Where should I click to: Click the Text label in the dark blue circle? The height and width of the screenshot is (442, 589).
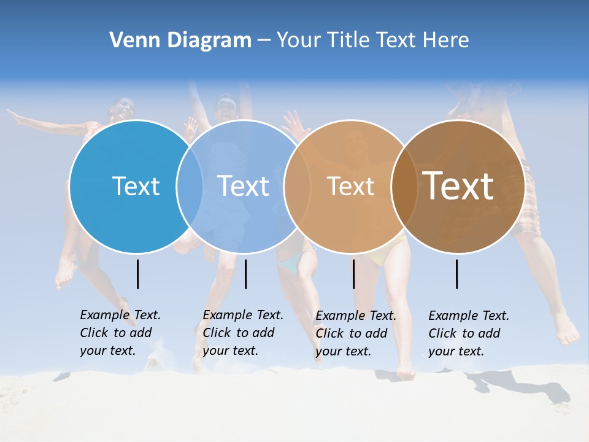point(136,186)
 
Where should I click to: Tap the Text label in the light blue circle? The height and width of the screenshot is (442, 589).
point(244,186)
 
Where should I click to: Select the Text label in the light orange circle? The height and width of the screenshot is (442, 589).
point(350,186)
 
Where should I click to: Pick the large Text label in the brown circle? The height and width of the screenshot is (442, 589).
point(458,186)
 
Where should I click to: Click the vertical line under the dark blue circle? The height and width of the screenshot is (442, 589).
point(137,274)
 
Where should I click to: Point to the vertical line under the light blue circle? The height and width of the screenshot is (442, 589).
point(245,274)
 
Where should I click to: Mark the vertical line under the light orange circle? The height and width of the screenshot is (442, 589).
point(353,274)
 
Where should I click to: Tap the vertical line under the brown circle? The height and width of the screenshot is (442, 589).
point(456,274)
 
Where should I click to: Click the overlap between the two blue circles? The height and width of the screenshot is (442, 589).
point(190,186)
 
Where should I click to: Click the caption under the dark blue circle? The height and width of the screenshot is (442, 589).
point(120,333)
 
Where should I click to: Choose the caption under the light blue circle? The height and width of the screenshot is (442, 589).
point(242,333)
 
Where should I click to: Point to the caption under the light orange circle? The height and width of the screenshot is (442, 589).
point(355,333)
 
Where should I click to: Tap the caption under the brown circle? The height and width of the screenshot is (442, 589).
point(468,333)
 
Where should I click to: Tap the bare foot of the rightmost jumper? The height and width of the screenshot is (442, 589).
point(568,331)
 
